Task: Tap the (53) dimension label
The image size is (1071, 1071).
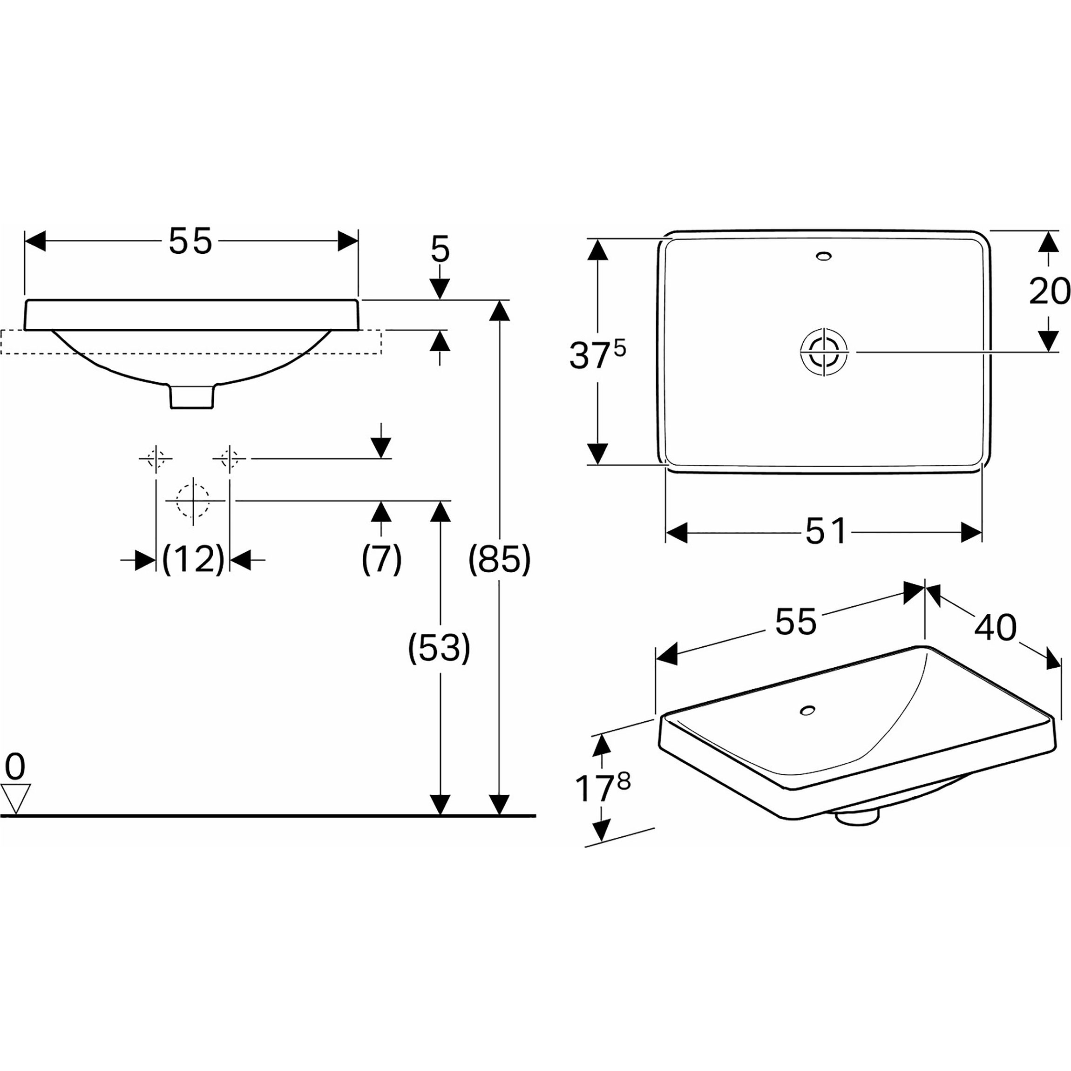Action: [x=439, y=647]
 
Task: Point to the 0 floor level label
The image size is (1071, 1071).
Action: [x=15, y=768]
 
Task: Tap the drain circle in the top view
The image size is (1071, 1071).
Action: [x=824, y=352]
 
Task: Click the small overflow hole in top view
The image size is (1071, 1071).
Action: [x=824, y=256]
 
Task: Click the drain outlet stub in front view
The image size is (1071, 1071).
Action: [x=192, y=396]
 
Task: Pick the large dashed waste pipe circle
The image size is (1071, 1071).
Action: [x=193, y=500]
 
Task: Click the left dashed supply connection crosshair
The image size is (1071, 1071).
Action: [x=156, y=459]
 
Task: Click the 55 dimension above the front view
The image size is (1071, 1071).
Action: [x=190, y=241]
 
